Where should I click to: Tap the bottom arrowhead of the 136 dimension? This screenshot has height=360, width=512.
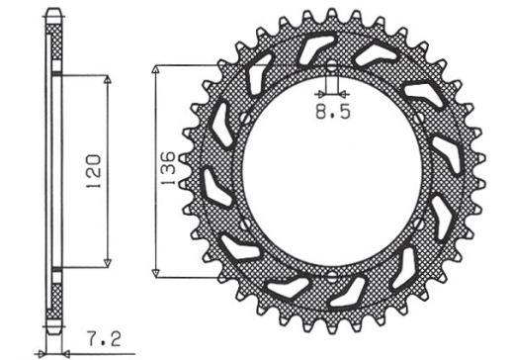(x=156, y=273)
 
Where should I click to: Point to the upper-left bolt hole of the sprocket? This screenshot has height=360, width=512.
(x=240, y=118)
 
